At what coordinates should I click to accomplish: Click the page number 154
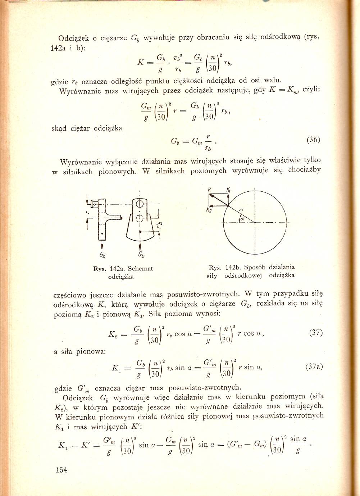coord(61,470)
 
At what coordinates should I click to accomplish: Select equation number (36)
coord(313,140)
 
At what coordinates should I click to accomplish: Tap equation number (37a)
coord(314,367)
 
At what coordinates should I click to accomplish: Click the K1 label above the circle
coord(229,190)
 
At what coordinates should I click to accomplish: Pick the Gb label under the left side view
coord(102,255)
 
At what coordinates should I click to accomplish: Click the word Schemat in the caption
coord(140,268)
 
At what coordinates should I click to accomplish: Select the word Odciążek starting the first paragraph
coord(73,38)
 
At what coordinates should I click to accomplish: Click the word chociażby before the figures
coord(304,170)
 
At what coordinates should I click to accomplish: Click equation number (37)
coord(316,332)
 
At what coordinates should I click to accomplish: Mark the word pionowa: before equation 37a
coord(91,351)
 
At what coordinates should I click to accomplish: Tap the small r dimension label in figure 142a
coord(87,212)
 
